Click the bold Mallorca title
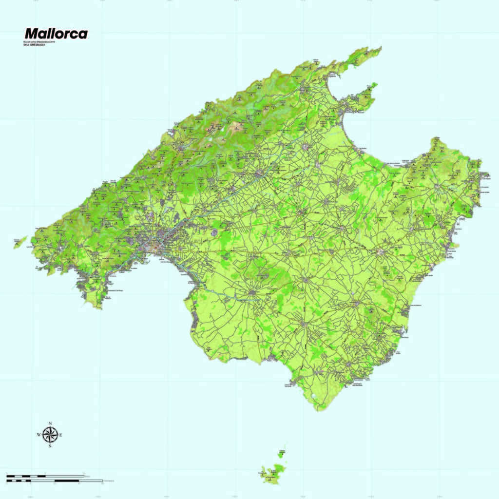click(56, 34)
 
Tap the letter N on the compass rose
click(50, 423)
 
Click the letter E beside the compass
click(61, 434)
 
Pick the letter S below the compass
click(50, 445)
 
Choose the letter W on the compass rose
click(38, 434)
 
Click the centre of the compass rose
click(50, 434)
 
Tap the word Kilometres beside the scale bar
click(108, 481)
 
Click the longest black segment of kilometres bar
click(66, 481)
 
